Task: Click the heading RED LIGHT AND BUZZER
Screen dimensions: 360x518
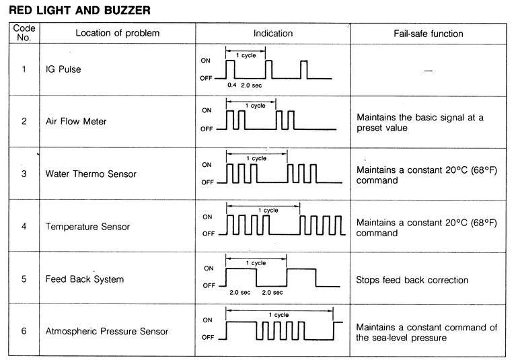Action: pyautogui.click(x=79, y=10)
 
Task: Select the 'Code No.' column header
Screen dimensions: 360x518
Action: pyautogui.click(x=24, y=34)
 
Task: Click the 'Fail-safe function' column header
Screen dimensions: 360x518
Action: pyautogui.click(x=428, y=34)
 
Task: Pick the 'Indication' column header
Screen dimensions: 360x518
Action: pyautogui.click(x=272, y=34)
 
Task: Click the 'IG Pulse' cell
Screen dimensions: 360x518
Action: pyautogui.click(x=63, y=69)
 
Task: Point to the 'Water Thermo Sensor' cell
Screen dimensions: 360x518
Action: pyautogui.click(x=91, y=174)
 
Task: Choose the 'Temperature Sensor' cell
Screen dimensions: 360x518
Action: pyautogui.click(x=87, y=226)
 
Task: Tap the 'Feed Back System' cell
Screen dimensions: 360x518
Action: pyautogui.click(x=85, y=279)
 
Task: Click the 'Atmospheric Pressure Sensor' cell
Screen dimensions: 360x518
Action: pyautogui.click(x=106, y=331)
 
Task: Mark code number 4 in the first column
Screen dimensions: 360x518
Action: pyautogui.click(x=24, y=226)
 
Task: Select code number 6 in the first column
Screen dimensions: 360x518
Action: pyautogui.click(x=24, y=331)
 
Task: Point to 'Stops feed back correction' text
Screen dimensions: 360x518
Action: pyautogui.click(x=412, y=279)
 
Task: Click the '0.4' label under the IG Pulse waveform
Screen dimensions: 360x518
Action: pyautogui.click(x=233, y=86)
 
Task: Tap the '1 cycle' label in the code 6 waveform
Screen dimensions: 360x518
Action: pyautogui.click(x=279, y=314)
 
